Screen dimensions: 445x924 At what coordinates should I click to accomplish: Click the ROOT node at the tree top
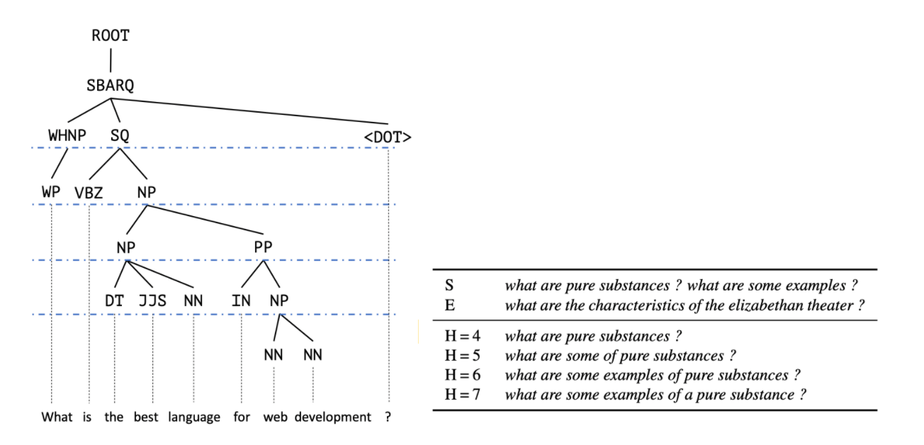click(111, 35)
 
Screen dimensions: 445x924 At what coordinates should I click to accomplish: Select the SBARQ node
click(111, 85)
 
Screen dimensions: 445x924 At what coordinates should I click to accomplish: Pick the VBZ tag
click(89, 193)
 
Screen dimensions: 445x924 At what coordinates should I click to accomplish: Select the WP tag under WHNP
click(51, 192)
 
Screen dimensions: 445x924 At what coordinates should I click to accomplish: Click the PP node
click(263, 248)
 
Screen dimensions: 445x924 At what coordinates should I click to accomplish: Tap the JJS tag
click(152, 300)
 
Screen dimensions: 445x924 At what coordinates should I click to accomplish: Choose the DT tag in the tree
click(114, 300)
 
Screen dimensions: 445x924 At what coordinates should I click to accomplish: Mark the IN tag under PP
click(241, 300)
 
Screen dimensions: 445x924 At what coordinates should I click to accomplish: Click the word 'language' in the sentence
click(194, 417)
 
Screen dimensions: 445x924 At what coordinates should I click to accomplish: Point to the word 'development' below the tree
click(332, 417)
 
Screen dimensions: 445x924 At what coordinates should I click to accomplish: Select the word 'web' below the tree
click(275, 417)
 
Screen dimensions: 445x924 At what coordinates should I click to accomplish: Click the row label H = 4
click(462, 336)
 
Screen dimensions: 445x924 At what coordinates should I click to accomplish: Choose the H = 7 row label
click(462, 395)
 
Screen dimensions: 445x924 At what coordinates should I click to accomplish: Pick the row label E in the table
click(449, 305)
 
